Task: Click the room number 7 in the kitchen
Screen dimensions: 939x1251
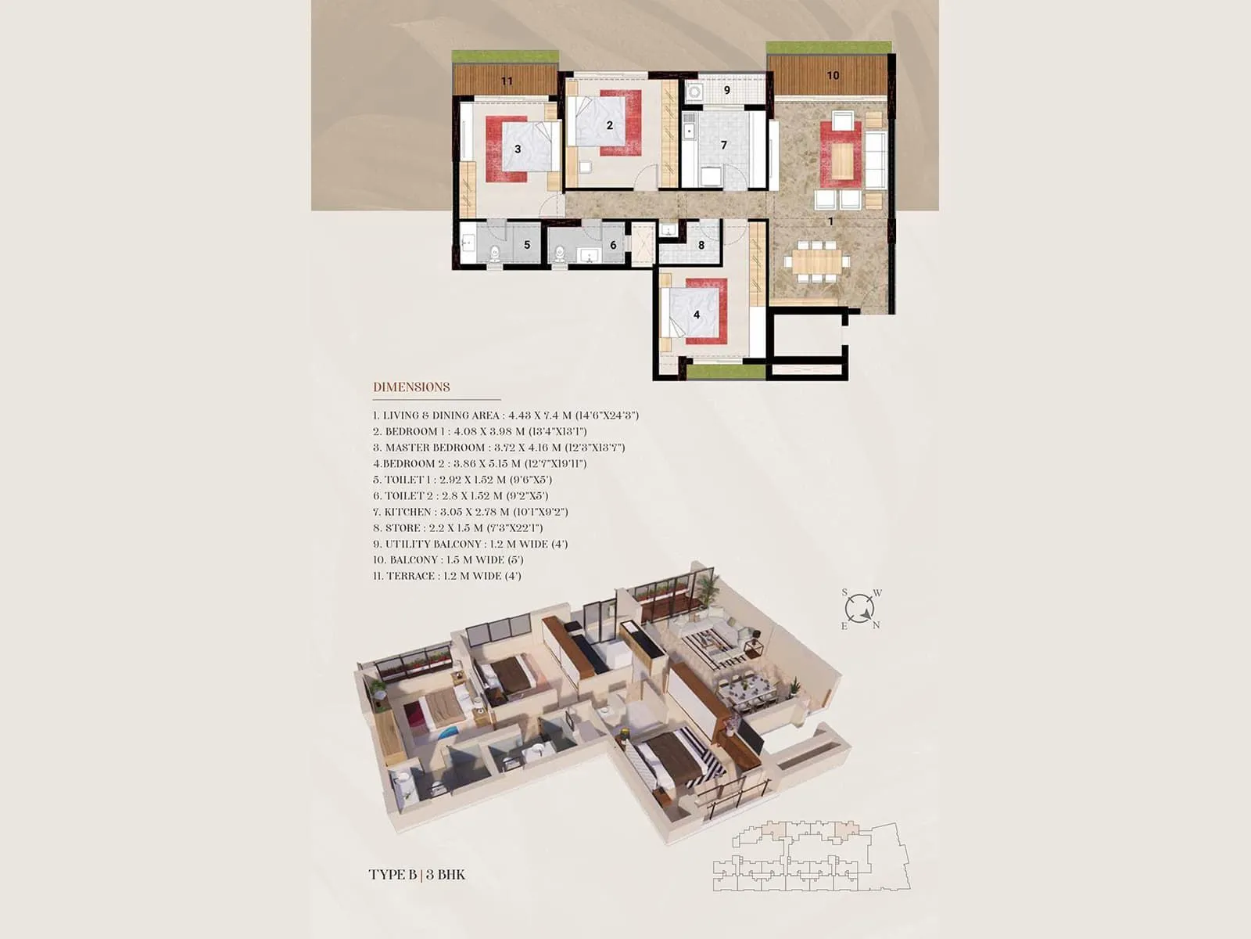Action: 724,145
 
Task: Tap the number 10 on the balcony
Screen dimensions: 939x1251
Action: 833,75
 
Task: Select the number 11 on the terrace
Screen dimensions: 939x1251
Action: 507,81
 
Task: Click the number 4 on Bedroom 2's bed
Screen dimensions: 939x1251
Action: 697,315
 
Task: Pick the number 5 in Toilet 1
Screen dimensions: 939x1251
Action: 527,245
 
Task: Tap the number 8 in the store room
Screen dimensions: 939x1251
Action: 701,245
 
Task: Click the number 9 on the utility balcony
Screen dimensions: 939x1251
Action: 726,90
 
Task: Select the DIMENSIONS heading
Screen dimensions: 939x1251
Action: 411,387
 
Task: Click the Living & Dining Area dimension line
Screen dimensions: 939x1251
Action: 505,416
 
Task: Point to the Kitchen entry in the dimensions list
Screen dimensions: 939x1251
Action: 470,512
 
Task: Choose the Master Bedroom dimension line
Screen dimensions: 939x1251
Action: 498,448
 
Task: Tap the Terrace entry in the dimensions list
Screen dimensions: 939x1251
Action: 446,576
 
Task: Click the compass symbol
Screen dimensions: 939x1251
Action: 859,609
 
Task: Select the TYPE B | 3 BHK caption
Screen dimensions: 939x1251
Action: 417,874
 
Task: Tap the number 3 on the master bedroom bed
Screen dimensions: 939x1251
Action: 518,149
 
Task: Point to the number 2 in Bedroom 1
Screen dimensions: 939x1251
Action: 610,124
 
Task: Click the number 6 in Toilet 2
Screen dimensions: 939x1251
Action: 613,245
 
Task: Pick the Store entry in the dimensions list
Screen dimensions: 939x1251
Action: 457,528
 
